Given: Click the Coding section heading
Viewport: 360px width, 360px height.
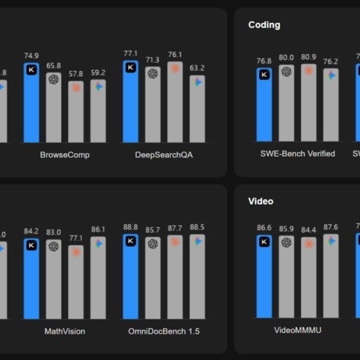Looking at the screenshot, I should [x=264, y=25].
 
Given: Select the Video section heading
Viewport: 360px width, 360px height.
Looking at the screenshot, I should [x=260, y=201].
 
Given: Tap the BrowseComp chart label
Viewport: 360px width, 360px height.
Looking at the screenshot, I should [x=65, y=155].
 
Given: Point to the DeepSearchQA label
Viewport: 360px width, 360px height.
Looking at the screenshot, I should [x=164, y=155].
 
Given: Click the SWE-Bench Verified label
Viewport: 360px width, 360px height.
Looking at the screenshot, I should [x=298, y=154].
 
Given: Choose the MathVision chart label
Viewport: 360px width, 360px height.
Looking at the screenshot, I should [x=65, y=331].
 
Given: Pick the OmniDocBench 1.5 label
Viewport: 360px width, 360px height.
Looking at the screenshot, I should [x=164, y=331].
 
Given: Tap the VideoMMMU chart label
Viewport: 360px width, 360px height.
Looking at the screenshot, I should [x=298, y=329].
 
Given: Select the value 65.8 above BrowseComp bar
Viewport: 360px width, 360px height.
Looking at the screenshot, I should [x=53, y=66].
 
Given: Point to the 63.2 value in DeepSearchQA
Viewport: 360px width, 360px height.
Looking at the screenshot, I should [x=197, y=68].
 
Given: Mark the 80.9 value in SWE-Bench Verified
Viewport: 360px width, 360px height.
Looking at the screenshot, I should [x=308, y=58].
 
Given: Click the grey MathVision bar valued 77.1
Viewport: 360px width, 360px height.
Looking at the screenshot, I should [x=76, y=282].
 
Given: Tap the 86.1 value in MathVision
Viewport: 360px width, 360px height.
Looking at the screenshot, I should [x=98, y=230].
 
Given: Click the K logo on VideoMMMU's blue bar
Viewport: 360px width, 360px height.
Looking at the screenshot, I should [x=264, y=242].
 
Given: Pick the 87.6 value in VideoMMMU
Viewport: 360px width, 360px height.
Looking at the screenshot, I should [x=331, y=227].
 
